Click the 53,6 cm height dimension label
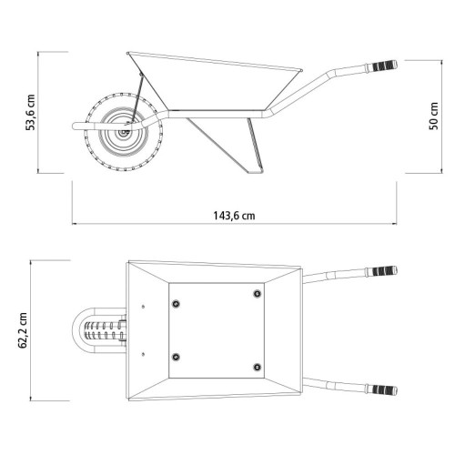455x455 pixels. coord(31,112)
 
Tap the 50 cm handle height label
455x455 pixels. coord(434,116)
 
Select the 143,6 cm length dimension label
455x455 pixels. coord(234,216)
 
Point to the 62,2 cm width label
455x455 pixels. coord(23,330)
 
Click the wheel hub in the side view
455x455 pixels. coord(124,132)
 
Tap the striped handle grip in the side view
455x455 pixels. coord(385,66)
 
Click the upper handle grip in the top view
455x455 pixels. coord(385,270)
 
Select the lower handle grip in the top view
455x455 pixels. coord(385,389)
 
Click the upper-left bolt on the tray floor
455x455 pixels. coord(176,304)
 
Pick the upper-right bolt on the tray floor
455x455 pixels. coord(258,293)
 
